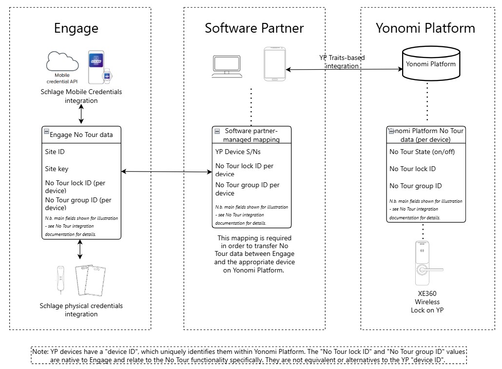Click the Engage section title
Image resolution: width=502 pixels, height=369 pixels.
(76, 28)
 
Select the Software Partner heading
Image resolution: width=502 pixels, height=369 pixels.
(254, 28)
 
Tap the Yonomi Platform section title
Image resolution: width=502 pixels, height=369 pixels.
(425, 28)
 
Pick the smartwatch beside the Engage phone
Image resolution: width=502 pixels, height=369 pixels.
(106, 76)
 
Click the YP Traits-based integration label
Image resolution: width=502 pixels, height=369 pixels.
(342, 61)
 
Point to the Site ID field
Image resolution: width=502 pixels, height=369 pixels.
(55, 152)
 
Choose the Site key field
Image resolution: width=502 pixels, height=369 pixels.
(57, 169)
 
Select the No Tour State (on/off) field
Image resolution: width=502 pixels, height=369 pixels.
(422, 152)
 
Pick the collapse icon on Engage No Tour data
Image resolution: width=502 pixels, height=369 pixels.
(46, 132)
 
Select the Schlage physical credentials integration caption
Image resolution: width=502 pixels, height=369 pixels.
(81, 310)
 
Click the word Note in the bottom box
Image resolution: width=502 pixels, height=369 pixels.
(40, 351)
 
